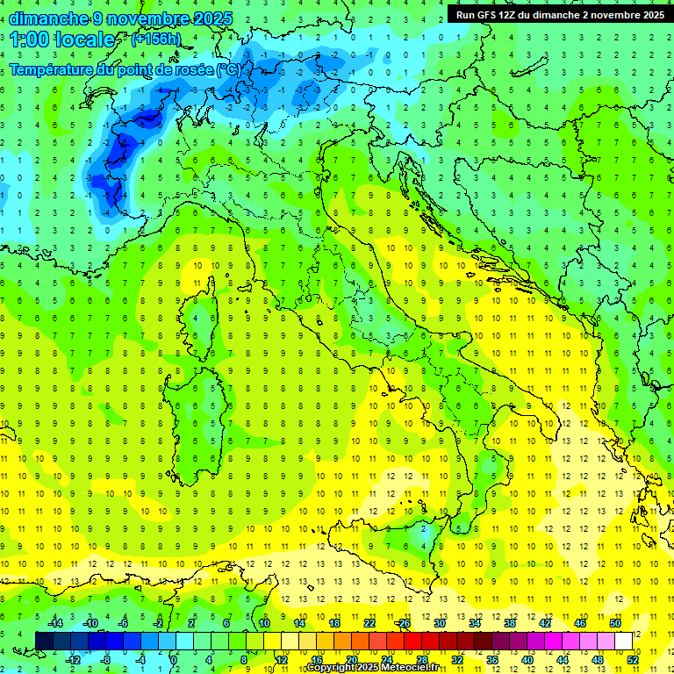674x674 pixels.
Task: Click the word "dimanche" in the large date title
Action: (x=49, y=18)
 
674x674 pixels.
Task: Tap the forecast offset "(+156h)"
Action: (x=155, y=39)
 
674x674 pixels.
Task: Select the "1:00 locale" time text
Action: (x=62, y=39)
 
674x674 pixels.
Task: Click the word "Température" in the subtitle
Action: (x=54, y=69)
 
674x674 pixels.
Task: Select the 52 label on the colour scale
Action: (x=632, y=660)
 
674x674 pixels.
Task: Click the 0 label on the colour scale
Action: (x=174, y=660)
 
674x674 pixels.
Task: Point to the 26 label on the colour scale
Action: (x=404, y=623)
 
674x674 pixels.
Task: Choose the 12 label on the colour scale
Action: (x=281, y=660)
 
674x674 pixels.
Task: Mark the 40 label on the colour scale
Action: (x=527, y=660)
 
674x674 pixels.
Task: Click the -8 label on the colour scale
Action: (x=105, y=660)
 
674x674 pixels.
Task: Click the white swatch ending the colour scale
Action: (x=623, y=642)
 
